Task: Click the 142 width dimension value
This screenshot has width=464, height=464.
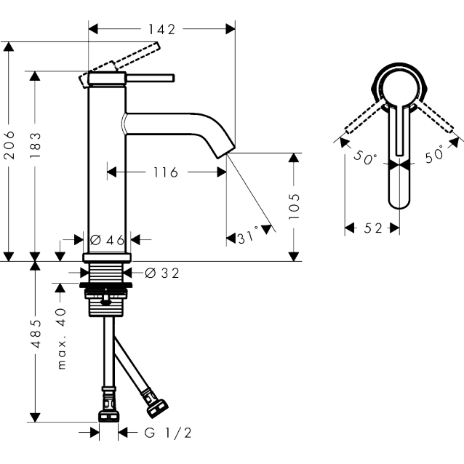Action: [161, 29]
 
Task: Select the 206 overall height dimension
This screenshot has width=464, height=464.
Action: [9, 145]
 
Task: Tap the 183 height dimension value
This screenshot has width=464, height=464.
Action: [35, 145]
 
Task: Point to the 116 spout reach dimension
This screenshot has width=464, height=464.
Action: [166, 172]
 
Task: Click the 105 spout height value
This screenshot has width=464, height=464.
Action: [294, 207]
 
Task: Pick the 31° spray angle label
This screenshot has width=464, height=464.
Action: [248, 236]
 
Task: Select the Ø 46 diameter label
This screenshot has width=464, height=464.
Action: [107, 240]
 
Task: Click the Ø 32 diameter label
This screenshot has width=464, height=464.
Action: [162, 273]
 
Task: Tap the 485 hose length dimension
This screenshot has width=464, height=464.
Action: [36, 334]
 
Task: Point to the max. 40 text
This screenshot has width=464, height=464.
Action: [61, 338]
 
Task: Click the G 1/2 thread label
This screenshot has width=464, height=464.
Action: [168, 433]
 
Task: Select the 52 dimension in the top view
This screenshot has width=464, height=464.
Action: [373, 228]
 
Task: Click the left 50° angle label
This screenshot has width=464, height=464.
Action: [365, 157]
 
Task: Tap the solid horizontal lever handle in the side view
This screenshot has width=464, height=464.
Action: [151, 78]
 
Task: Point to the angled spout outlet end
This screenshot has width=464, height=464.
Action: [226, 152]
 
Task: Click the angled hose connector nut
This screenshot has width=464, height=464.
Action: [158, 408]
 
